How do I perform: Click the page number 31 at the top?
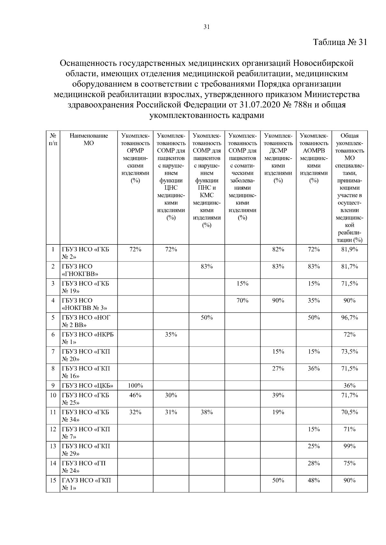click(x=207, y=27)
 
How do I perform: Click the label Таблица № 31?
click(x=340, y=42)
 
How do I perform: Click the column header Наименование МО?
click(x=88, y=139)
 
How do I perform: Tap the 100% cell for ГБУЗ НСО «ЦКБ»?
click(x=135, y=385)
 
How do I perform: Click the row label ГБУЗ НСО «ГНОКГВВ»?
click(x=80, y=270)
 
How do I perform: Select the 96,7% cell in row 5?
click(x=349, y=317)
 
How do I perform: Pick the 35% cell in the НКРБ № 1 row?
click(x=171, y=334)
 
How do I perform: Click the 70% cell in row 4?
click(x=242, y=300)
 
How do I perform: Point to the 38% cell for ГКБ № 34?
click(x=207, y=412)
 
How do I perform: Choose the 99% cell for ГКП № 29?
click(x=349, y=446)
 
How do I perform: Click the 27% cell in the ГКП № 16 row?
click(x=278, y=368)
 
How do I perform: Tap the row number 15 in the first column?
click(x=53, y=480)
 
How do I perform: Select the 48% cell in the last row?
click(x=314, y=480)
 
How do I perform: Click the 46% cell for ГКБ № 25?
click(x=135, y=395)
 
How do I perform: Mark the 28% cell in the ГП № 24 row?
click(x=314, y=463)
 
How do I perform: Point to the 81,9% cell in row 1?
click(x=349, y=249)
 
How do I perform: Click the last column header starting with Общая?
click(x=349, y=188)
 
